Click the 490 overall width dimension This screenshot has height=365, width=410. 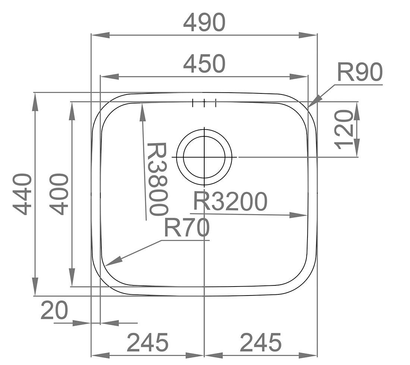point(204,22)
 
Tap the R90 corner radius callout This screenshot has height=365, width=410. point(360,72)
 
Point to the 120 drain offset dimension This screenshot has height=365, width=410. point(344,129)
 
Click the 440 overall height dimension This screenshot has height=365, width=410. point(22,194)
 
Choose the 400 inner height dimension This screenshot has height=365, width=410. point(60,194)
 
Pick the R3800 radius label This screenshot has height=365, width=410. point(157,179)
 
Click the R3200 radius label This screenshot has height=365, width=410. point(230,202)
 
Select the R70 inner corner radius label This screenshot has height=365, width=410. point(186,229)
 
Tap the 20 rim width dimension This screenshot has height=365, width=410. point(54,311)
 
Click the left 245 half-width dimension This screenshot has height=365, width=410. point(148,343)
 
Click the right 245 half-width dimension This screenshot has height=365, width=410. point(261,343)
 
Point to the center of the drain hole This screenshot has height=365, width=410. point(204,157)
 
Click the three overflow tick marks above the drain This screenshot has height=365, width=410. point(204,103)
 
